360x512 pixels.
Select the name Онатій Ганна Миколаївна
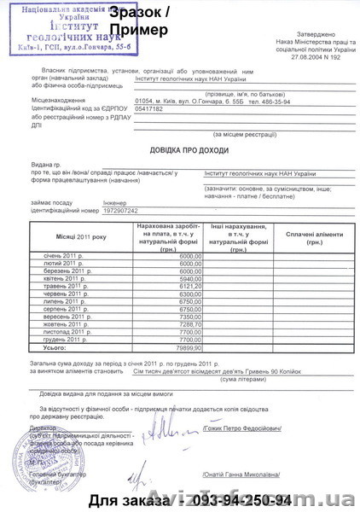241,473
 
